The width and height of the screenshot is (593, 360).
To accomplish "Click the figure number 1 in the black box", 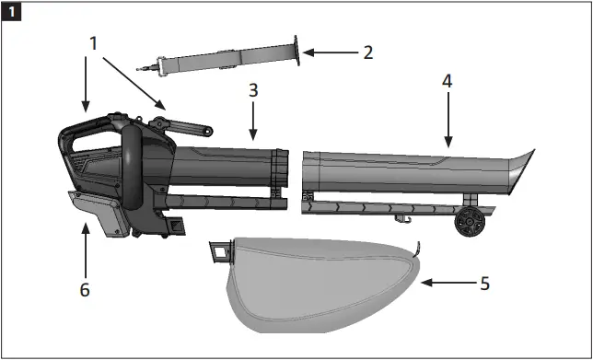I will [11, 12].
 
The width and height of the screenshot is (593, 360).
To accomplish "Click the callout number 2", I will [367, 52].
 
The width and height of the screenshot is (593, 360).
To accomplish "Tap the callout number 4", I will [447, 81].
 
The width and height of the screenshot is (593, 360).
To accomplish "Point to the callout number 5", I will [484, 283].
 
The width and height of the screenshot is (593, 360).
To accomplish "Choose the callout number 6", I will [86, 289].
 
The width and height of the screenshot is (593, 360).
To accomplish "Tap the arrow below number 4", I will [448, 120].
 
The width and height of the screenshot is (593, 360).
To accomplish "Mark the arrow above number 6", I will [86, 249].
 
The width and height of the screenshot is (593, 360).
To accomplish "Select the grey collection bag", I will [313, 281].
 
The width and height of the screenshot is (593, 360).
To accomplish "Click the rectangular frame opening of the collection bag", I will [218, 249].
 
